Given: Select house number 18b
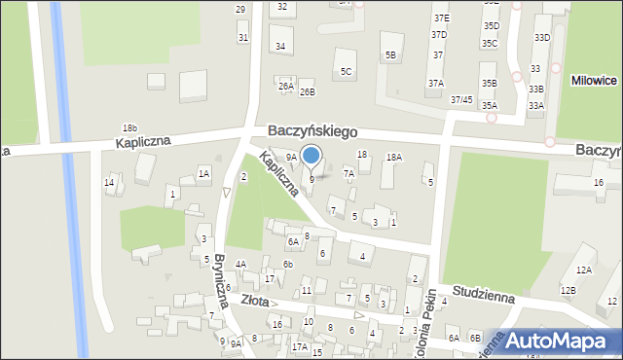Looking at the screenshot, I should click(x=129, y=128).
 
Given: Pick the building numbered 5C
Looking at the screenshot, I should click(x=346, y=71).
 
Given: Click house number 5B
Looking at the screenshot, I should click(x=390, y=55).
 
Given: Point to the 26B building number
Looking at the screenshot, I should click(x=308, y=92).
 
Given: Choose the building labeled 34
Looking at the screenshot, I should click(x=280, y=46).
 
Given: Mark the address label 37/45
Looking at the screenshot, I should click(x=461, y=99).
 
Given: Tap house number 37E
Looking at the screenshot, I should click(x=442, y=18).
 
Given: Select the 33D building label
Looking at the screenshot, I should click(x=542, y=37).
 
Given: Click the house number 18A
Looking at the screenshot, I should click(x=393, y=157).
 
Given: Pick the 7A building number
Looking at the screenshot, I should click(x=348, y=174).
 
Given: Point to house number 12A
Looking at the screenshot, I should click(x=583, y=270).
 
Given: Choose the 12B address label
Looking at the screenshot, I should click(x=568, y=290).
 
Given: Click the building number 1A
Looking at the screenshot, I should click(x=203, y=173).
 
